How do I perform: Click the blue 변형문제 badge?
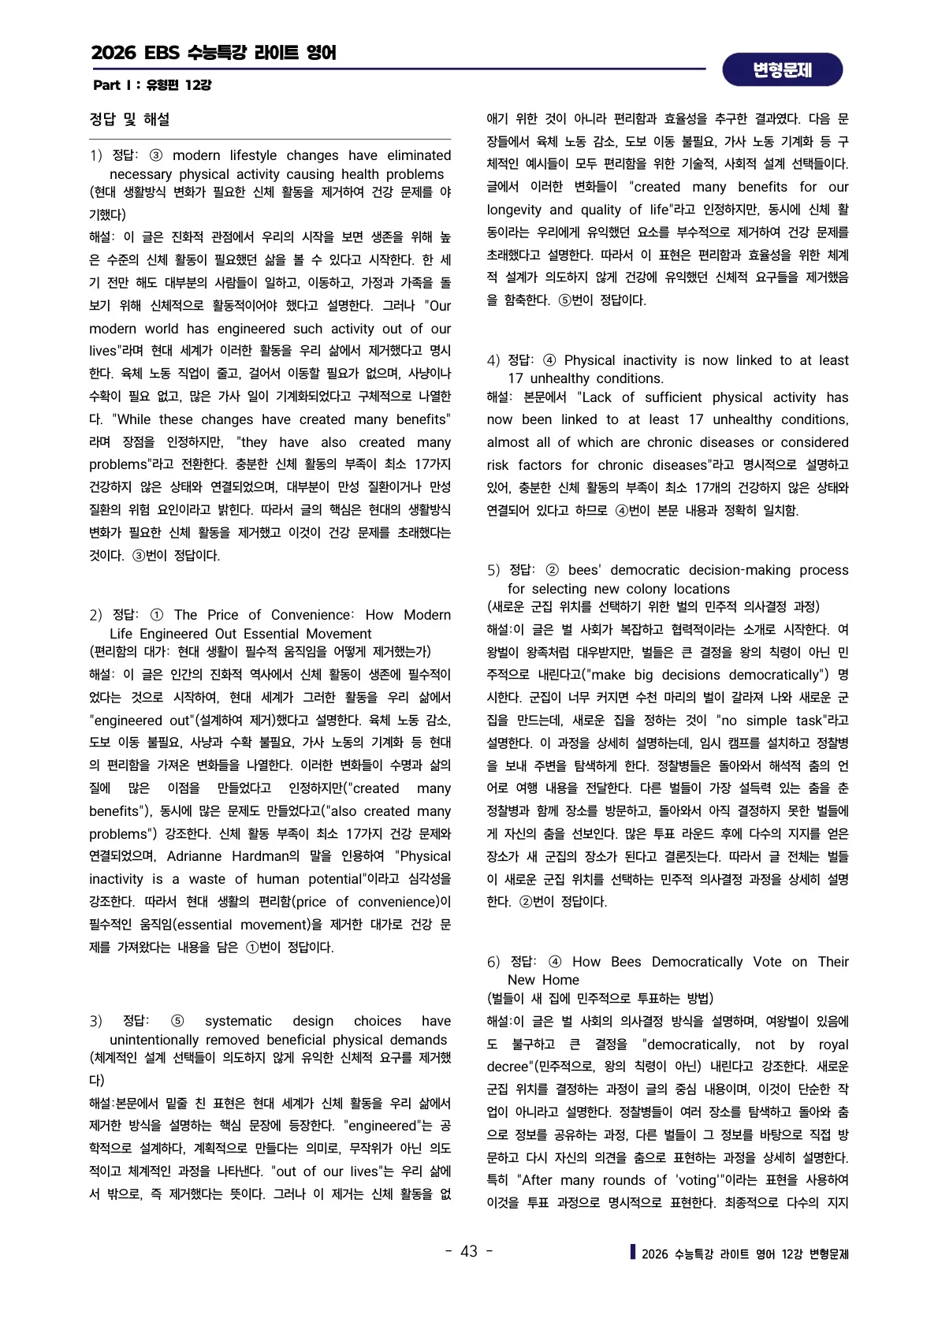pyautogui.click(x=782, y=70)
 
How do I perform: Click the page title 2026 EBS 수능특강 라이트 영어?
pyautogui.click(x=214, y=53)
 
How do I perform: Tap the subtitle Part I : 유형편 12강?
pyautogui.click(x=152, y=84)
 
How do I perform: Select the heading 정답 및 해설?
pyautogui.click(x=129, y=119)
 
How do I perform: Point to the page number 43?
pyautogui.click(x=469, y=1251)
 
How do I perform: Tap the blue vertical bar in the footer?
pyautogui.click(x=633, y=1251)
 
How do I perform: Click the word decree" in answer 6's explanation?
pyautogui.click(x=510, y=1067)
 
